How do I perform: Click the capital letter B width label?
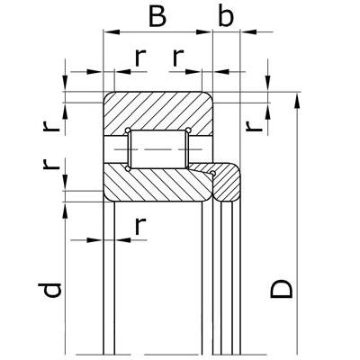[157, 15]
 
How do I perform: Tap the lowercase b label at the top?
[226, 14]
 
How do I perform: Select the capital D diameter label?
[282, 289]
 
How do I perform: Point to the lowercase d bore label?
[49, 290]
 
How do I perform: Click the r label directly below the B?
[140, 58]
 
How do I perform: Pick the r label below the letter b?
[178, 58]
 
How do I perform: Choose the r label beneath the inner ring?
[140, 226]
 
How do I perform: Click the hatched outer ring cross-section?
[158, 112]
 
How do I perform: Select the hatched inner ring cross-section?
[158, 184]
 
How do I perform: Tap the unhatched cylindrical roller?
[158, 149]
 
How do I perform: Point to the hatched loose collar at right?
[227, 183]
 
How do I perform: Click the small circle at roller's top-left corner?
[128, 130]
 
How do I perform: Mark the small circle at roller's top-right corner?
[188, 130]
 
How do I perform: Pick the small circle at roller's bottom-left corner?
[128, 169]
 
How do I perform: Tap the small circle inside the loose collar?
[213, 173]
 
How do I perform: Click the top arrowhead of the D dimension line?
[297, 101]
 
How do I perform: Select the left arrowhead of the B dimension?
[112, 31]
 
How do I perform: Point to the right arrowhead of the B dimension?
[204, 31]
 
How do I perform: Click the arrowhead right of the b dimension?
[248, 31]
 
